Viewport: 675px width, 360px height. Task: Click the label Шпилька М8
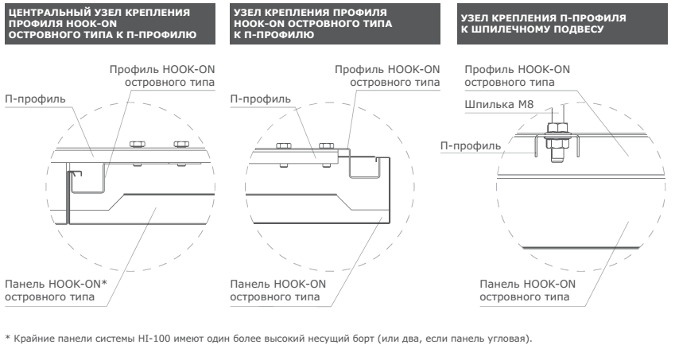[x=499, y=105]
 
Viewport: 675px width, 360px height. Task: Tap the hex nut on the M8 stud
[x=558, y=127]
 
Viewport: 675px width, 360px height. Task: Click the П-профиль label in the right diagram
[x=471, y=145]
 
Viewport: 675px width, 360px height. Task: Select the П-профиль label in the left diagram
[x=35, y=99]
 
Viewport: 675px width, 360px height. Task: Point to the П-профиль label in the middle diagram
[x=261, y=99]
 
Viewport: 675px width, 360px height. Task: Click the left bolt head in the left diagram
[x=137, y=144]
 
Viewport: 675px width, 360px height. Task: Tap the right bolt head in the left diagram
[x=181, y=144]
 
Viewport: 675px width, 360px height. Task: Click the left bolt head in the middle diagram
[x=284, y=145]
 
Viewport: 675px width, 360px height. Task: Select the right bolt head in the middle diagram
[x=326, y=145]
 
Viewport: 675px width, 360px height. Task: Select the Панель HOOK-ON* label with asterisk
[x=56, y=290]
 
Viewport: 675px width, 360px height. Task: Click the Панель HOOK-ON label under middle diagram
[x=278, y=290]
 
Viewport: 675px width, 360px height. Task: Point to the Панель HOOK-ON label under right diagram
[x=527, y=290]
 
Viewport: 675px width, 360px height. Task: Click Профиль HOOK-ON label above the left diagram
[x=162, y=75]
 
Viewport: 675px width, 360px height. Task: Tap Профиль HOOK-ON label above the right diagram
[x=517, y=75]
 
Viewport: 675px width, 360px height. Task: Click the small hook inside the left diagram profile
[x=75, y=173]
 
